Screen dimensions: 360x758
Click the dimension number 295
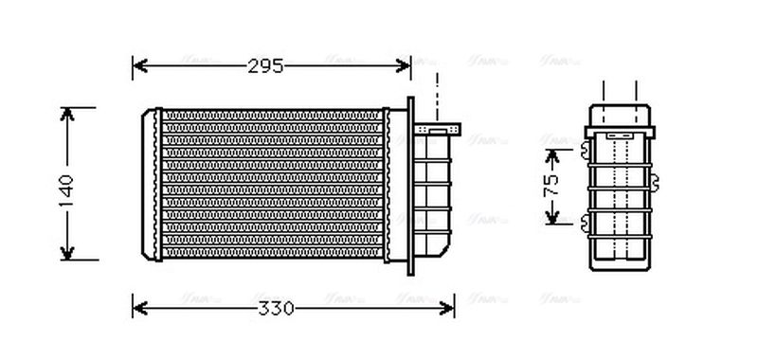click(x=266, y=66)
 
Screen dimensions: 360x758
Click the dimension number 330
click(x=278, y=309)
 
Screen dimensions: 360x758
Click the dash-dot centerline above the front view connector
click(x=437, y=95)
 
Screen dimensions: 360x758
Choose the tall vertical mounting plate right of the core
click(x=409, y=185)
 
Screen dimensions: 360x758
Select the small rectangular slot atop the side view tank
click(x=620, y=136)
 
